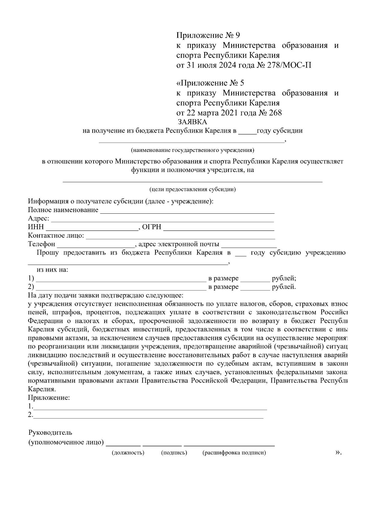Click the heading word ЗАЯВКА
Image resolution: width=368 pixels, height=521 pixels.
click(x=192, y=122)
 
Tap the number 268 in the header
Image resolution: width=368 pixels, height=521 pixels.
click(x=275, y=113)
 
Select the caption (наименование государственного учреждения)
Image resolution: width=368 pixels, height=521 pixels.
click(x=192, y=150)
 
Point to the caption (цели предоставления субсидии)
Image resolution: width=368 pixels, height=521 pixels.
click(x=192, y=189)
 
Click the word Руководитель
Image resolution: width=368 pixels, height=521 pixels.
click(x=50, y=433)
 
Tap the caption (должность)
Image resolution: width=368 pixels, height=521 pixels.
click(x=128, y=453)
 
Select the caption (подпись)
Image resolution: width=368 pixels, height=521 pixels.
click(x=174, y=453)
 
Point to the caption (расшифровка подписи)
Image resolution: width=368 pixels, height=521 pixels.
click(x=234, y=453)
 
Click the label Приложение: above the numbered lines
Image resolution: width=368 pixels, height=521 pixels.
click(x=49, y=398)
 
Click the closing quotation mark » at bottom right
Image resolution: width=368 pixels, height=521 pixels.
click(x=338, y=452)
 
